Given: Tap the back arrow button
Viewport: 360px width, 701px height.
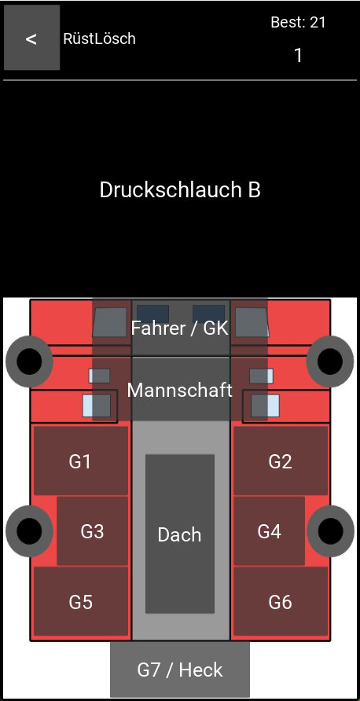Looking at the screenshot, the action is point(31,38).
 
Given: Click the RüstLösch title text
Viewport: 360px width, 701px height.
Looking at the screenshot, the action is point(99,39).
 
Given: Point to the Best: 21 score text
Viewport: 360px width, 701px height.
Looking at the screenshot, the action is point(298,22).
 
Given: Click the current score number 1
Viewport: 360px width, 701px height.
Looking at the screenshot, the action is point(298,56).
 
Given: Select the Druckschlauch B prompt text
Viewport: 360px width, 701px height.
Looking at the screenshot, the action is point(180,190).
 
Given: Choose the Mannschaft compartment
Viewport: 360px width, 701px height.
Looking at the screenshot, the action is point(180,389).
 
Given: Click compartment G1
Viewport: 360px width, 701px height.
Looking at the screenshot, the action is point(81,461).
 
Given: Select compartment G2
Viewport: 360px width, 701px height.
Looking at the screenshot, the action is point(281,461).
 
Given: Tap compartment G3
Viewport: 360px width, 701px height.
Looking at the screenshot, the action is point(93,531).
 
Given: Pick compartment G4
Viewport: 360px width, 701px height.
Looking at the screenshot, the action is point(269,531).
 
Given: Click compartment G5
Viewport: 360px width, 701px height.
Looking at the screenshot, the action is point(81,601).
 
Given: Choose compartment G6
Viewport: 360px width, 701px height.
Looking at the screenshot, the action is point(281,601).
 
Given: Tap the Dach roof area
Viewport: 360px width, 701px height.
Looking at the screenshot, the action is point(180,534).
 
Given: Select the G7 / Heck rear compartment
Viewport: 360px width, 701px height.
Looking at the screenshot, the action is point(180,670).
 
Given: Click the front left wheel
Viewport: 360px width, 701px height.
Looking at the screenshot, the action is point(29,362).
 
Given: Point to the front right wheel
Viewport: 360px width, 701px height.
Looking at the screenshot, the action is point(330,362).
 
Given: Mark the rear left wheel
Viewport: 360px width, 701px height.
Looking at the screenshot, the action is point(29,531).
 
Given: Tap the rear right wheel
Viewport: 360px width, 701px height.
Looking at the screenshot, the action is point(330,531).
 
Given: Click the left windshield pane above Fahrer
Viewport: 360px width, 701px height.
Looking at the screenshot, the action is point(153,314).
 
